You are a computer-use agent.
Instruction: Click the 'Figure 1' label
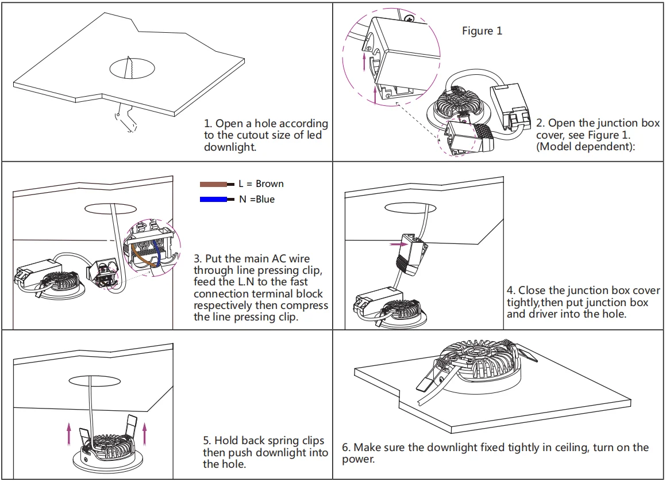coord(482,31)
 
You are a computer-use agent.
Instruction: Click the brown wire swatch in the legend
coord(214,184)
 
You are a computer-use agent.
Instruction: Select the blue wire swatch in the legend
coord(214,199)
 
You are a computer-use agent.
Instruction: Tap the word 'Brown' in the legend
coord(270,184)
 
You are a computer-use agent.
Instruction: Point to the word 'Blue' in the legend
coord(265,199)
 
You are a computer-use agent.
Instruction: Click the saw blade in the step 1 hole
coord(129,67)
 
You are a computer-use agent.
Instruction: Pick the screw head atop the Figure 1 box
coord(410,19)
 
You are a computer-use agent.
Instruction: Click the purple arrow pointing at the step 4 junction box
coord(399,245)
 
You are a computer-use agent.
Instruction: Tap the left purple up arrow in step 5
coord(69,434)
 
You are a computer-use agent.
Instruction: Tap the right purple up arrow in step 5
coord(145,434)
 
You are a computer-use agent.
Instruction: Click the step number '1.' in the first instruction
coord(208,124)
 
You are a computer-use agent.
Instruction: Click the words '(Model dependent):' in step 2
coord(586,147)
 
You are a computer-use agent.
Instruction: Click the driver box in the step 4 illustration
coord(378,300)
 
